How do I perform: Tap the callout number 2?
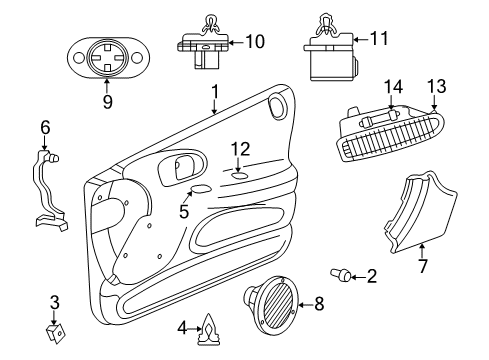[371, 276]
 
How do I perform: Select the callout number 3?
[55, 301]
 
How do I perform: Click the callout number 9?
[106, 102]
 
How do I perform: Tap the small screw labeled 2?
[341, 273]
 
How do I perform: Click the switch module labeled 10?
[205, 45]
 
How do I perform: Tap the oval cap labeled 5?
[200, 190]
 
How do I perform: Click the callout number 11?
[378, 41]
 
